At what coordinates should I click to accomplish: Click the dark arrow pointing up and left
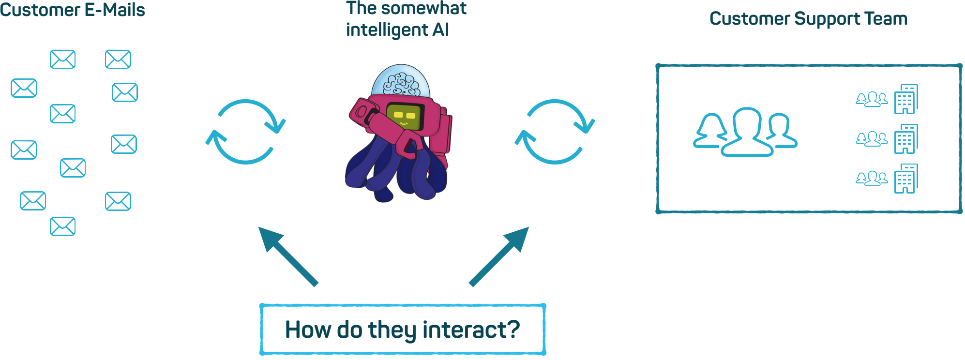[288, 256]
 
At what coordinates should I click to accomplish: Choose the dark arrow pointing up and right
[498, 256]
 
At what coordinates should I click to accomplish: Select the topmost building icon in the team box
[906, 99]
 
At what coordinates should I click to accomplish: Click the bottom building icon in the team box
[906, 179]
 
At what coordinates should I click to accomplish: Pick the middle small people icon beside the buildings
[872, 139]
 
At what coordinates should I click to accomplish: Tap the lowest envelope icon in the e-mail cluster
[62, 226]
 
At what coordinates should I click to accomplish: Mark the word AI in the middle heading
[440, 30]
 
